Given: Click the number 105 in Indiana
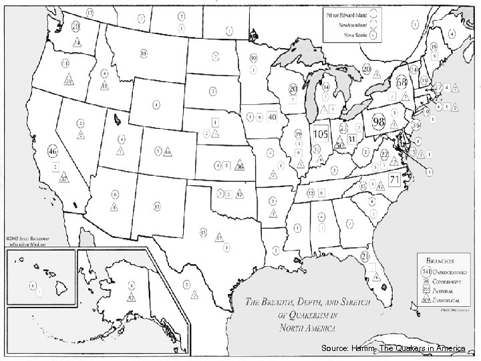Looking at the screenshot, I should pyautogui.click(x=319, y=134).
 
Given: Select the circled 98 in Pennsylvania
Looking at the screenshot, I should pyautogui.click(x=377, y=122).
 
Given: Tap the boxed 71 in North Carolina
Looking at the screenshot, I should pyautogui.click(x=394, y=179).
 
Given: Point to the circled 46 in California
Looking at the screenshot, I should pyautogui.click(x=52, y=149).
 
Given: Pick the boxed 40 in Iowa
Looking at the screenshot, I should pyautogui.click(x=272, y=116).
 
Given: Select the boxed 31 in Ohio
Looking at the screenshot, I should pyautogui.click(x=351, y=138).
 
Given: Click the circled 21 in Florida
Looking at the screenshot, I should pyautogui.click(x=365, y=256).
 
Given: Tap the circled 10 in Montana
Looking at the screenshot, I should pyautogui.click(x=144, y=53).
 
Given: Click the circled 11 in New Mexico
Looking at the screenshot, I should pyautogui.click(x=156, y=208).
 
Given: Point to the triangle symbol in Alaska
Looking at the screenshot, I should pyautogui.click(x=132, y=297).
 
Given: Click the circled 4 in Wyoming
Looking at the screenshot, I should pyautogui.click(x=155, y=105).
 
